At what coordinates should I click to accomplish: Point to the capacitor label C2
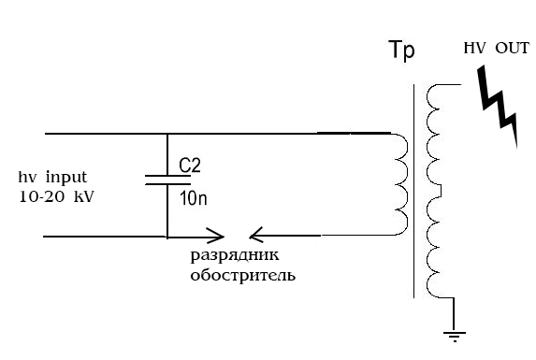[x=190, y=166]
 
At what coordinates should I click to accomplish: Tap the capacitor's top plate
[x=167, y=175]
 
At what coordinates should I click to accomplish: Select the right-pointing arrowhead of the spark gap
[x=217, y=236]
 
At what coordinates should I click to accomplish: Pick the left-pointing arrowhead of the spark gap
[x=258, y=236]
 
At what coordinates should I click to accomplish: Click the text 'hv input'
[x=52, y=178]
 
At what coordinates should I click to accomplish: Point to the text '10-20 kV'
[x=56, y=197]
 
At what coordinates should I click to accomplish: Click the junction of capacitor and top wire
[x=167, y=134]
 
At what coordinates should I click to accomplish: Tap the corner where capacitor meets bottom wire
[x=167, y=236]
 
